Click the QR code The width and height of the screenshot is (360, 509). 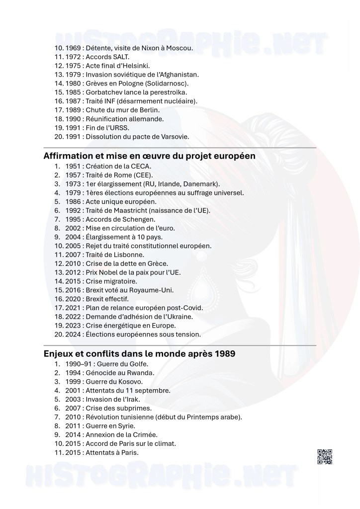click(324, 456)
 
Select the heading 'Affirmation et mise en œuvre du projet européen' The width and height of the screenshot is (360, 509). click(150, 156)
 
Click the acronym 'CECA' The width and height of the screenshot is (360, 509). click(142, 166)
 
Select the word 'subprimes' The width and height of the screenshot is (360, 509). click(123, 408)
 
